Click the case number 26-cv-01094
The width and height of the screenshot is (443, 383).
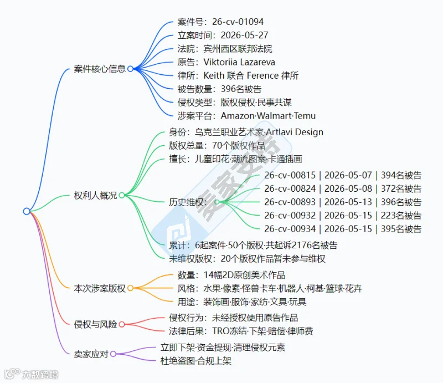[238, 22]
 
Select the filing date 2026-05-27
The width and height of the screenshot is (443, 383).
[244, 35]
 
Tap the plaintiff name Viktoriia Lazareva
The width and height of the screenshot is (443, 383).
[239, 62]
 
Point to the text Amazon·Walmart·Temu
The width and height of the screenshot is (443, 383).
[268, 116]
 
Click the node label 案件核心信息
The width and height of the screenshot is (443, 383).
[100, 69]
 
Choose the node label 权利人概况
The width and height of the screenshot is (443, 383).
[95, 195]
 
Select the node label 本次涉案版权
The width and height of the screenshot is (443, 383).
[100, 288]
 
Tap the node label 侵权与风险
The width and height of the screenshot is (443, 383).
[95, 324]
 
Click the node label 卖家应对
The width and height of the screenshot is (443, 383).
[91, 354]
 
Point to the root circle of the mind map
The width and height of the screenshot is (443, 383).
[27, 211]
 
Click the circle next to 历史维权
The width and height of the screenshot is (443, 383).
[217, 202]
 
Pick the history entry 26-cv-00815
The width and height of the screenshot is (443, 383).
[290, 175]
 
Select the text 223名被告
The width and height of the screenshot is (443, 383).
[401, 216]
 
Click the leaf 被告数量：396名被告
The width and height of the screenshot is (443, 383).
[219, 89]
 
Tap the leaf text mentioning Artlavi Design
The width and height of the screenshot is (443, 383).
[246, 132]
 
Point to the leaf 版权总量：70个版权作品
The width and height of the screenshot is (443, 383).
[217, 145]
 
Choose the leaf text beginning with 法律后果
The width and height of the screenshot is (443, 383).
[241, 331]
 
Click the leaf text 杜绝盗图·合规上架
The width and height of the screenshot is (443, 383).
[196, 361]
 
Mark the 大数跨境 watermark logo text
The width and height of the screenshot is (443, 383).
[40, 375]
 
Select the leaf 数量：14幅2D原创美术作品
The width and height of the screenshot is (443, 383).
[231, 275]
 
